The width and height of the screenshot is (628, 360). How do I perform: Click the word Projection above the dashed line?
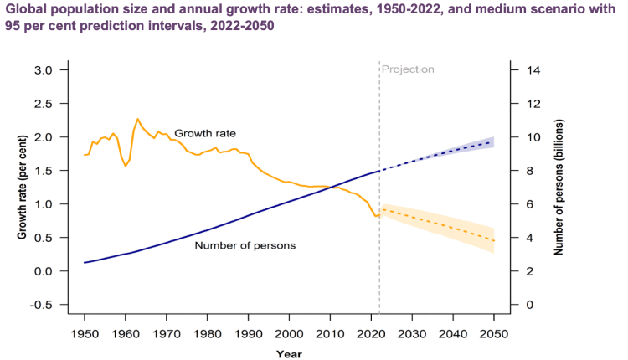(x=408, y=69)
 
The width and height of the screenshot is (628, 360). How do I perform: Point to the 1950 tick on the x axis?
(x=85, y=334)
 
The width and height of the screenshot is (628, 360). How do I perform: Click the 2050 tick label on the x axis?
(x=494, y=334)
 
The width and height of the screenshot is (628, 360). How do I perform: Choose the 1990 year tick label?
(x=249, y=334)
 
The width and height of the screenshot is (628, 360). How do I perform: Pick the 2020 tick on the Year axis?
(x=371, y=334)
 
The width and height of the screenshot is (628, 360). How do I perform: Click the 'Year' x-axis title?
(x=289, y=353)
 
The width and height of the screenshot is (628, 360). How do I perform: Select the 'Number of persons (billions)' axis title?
(x=559, y=186)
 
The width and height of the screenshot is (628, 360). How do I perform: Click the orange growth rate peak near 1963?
(x=137, y=119)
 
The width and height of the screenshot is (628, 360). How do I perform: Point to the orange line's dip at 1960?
(x=126, y=166)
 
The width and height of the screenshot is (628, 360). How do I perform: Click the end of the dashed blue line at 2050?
(x=494, y=141)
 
